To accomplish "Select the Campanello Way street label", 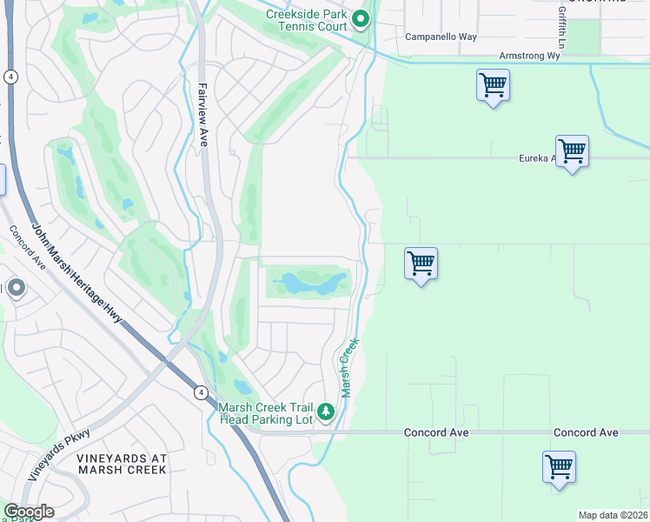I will [441, 37].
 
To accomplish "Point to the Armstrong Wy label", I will [530, 55].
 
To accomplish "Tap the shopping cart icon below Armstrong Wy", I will [493, 86].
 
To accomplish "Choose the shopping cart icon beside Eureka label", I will [572, 151].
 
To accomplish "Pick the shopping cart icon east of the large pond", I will [421, 264].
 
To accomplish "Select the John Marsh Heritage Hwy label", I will [77, 273].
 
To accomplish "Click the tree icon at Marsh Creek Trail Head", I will [326, 411].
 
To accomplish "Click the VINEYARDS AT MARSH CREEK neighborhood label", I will [121, 464].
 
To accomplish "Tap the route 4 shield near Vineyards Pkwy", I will [200, 393].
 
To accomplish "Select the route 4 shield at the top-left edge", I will [10, 77].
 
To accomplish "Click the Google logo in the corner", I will [29, 511].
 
